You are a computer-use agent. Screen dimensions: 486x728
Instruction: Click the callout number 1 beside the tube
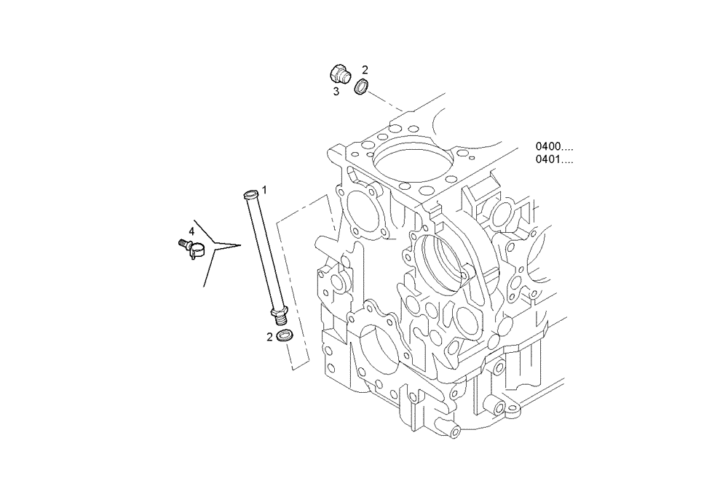point(265,189)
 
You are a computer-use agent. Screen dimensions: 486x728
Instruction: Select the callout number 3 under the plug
point(336,91)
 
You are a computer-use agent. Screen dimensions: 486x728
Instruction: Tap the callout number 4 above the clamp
point(191,231)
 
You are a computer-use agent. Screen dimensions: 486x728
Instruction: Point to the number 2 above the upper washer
point(365,70)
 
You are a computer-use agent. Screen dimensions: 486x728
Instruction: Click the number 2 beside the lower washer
point(269,336)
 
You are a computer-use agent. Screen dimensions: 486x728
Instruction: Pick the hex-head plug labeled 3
point(339,74)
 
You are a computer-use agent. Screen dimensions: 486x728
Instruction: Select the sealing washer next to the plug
point(360,88)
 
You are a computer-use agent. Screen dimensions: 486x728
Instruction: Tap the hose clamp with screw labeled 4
point(191,249)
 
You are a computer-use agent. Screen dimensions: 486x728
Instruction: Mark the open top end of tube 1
point(250,194)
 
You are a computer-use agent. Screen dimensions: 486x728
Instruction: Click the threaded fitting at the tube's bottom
point(279,315)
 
